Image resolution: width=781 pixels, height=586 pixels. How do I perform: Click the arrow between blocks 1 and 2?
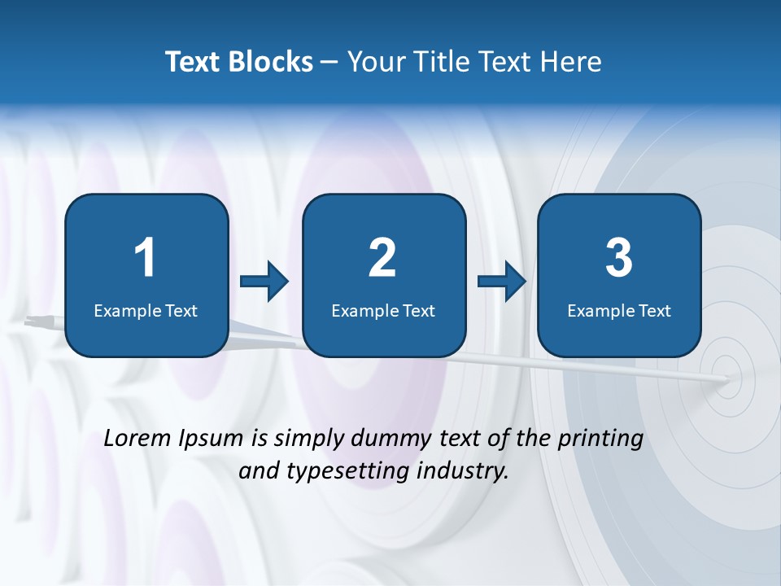(x=264, y=282)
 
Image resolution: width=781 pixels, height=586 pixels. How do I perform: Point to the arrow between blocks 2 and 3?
(x=501, y=282)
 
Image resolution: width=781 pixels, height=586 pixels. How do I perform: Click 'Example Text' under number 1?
(x=146, y=310)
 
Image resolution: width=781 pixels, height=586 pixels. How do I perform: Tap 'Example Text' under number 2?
(x=383, y=310)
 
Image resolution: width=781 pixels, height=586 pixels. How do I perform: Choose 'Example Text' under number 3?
(x=619, y=310)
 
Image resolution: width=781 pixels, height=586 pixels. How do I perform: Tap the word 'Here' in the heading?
(x=572, y=62)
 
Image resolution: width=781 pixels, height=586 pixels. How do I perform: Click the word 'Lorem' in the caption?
(x=138, y=438)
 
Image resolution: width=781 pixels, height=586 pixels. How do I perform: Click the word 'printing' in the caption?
(x=600, y=439)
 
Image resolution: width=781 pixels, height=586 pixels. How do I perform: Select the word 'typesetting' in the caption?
(x=341, y=471)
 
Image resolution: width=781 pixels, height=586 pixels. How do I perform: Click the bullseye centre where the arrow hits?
(x=726, y=378)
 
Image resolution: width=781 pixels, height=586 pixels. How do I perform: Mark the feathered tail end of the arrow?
(x=37, y=321)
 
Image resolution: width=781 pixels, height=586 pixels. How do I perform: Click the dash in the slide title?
(x=329, y=63)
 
